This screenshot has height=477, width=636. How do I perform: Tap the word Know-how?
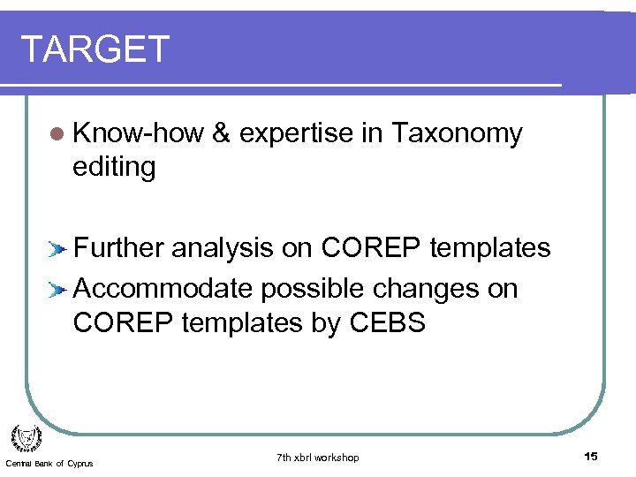[x=139, y=133]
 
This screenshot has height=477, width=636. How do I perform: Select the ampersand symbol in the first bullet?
[x=222, y=133]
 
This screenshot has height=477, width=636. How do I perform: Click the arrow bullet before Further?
[x=57, y=250]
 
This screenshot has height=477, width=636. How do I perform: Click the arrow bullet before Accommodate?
[x=57, y=290]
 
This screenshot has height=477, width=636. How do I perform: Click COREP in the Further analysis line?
[x=371, y=249]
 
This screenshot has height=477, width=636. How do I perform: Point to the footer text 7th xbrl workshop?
[x=317, y=458]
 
